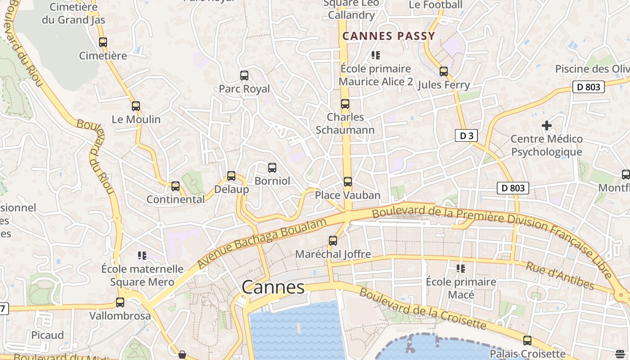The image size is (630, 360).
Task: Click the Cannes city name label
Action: pyautogui.click(x=273, y=287)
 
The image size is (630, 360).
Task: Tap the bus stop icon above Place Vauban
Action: pyautogui.click(x=347, y=182)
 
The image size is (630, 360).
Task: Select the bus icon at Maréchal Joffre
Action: pyautogui.click(x=333, y=241)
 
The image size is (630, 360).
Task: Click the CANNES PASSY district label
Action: pyautogui.click(x=389, y=36)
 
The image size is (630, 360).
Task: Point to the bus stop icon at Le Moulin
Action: pyautogui.click(x=136, y=106)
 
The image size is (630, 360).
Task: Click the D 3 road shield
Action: pyautogui.click(x=466, y=135)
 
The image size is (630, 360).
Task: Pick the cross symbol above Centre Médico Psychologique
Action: pyautogui.click(x=547, y=126)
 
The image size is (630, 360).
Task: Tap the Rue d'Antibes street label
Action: pyautogui.click(x=560, y=275)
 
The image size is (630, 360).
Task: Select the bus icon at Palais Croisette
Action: pyautogui.click(x=527, y=341)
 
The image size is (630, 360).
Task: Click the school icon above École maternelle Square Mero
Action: pyautogui.click(x=142, y=256)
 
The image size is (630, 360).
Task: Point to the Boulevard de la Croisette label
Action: pyautogui.click(x=423, y=309)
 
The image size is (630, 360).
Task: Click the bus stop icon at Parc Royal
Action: pyautogui.click(x=244, y=76)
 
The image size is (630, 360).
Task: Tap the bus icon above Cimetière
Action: pyautogui.click(x=103, y=42)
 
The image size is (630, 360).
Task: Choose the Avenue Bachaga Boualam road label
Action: pyautogui.click(x=262, y=243)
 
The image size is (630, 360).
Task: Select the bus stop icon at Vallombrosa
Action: pyautogui.click(x=120, y=302)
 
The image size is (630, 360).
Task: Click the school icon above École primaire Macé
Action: pyautogui.click(x=461, y=269)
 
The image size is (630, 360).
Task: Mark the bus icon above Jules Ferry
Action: pyautogui.click(x=444, y=72)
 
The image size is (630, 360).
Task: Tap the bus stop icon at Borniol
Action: pyautogui.click(x=272, y=168)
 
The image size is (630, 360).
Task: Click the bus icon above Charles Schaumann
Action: pyautogui.click(x=345, y=104)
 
